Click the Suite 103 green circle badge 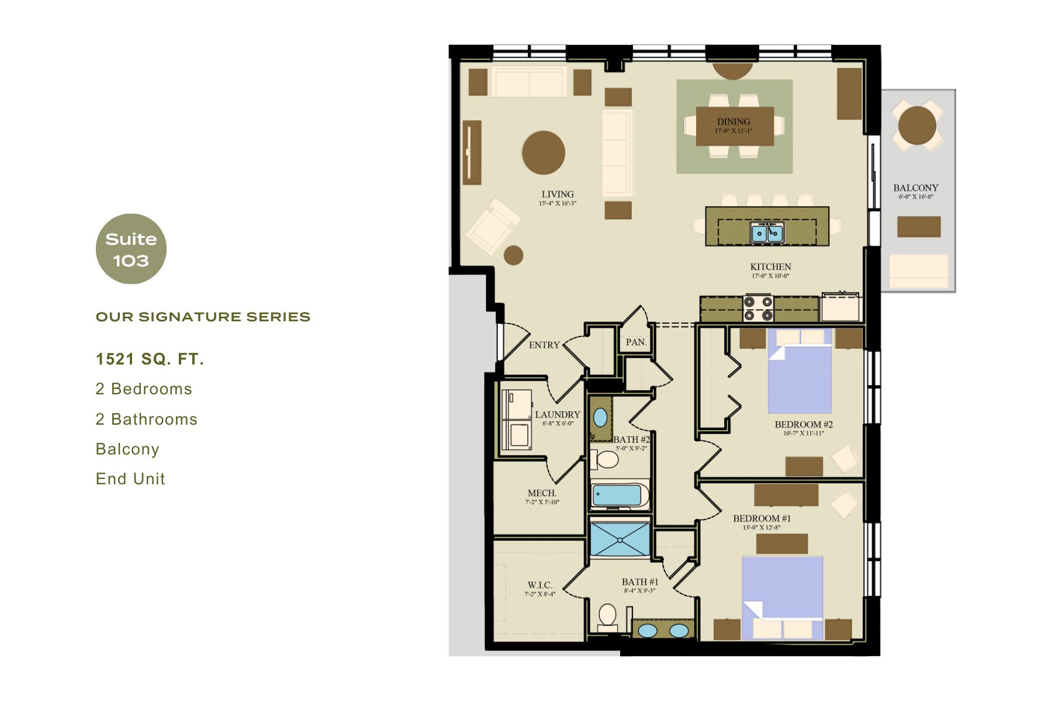pos(131,249)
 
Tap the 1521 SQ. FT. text pos(150,359)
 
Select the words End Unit pos(130,479)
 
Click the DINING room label pos(733,122)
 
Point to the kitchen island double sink pos(767,233)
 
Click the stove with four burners pos(758,309)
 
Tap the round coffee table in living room pos(544,152)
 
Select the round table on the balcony pos(916,126)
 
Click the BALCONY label pos(915,188)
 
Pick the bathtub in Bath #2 pos(618,496)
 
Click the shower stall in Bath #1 pos(620,539)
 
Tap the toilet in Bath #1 pos(608,617)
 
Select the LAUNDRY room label pos(558,415)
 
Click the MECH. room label pos(542,494)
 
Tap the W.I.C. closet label pos(539,585)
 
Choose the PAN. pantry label pos(636,342)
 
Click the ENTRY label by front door pos(544,345)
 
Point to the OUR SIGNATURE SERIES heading pos(203,317)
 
